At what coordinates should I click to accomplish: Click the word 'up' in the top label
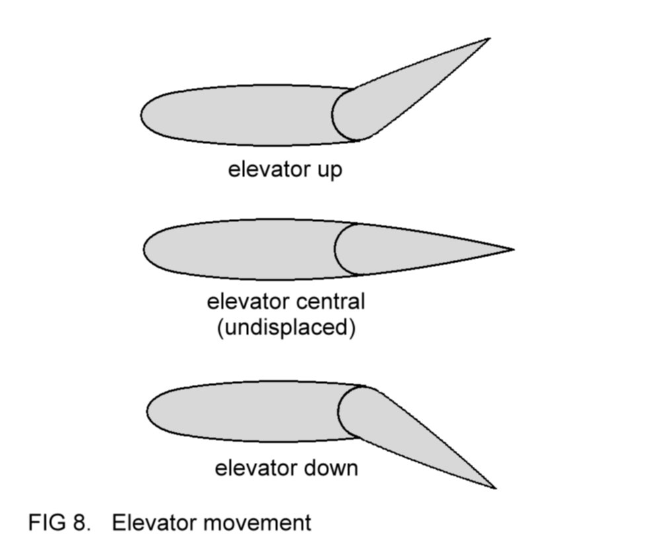pyautogui.click(x=328, y=171)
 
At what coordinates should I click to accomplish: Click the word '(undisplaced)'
pyautogui.click(x=286, y=327)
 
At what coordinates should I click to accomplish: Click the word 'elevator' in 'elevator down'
pyautogui.click(x=254, y=468)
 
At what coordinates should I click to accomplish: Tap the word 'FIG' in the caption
pyautogui.click(x=46, y=523)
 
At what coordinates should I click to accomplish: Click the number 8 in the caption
pyautogui.click(x=81, y=523)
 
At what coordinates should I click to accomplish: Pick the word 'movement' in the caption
pyautogui.click(x=256, y=523)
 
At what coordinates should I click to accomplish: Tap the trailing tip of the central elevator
pyautogui.click(x=512, y=250)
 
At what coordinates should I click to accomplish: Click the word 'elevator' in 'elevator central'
pyautogui.click(x=246, y=302)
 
